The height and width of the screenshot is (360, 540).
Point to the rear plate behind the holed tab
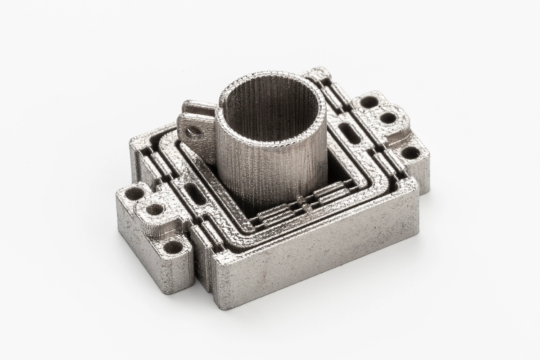(193, 108)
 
